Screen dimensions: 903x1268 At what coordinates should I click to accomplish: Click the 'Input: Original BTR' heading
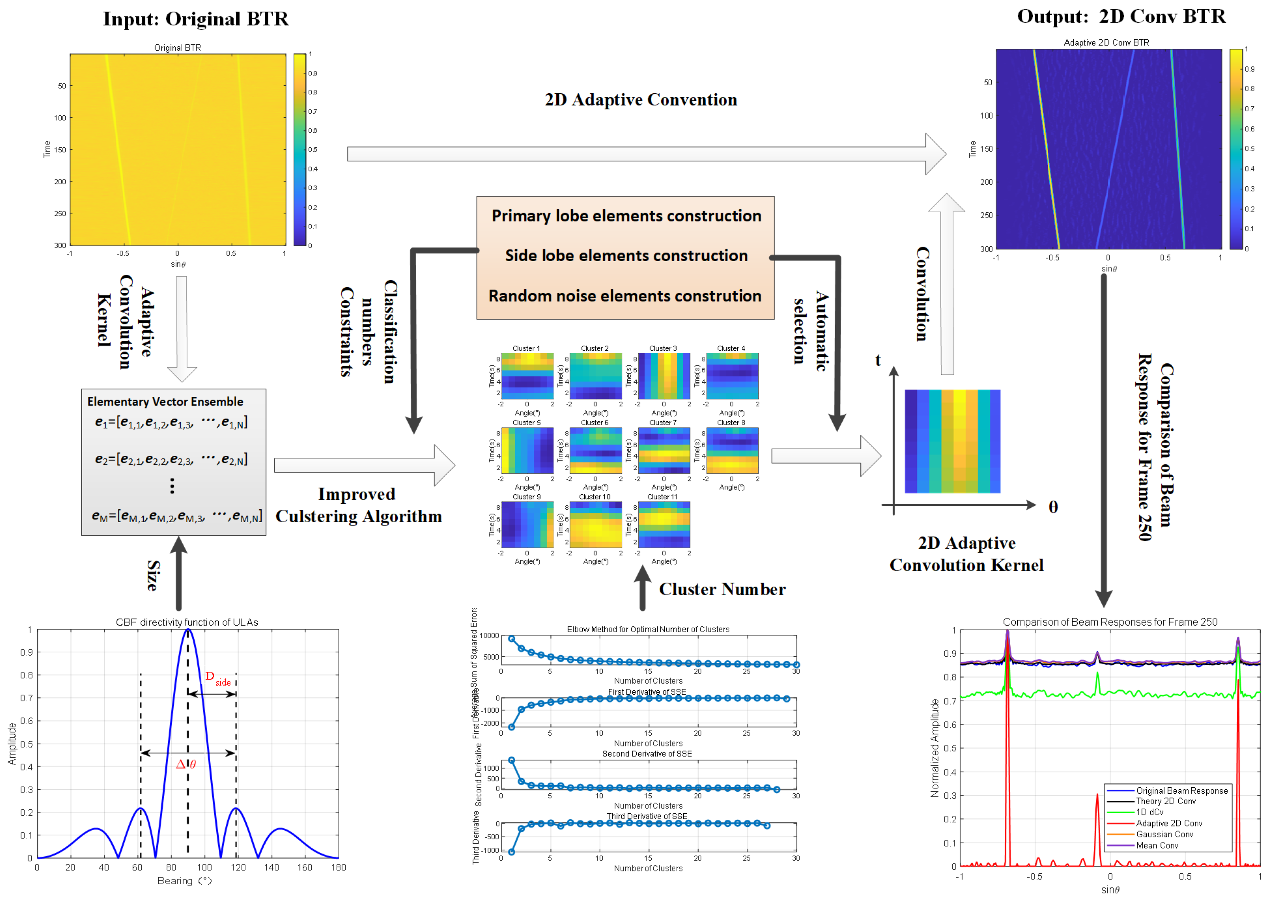[196, 19]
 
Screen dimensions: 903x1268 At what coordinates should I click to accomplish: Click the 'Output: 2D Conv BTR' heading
[1121, 17]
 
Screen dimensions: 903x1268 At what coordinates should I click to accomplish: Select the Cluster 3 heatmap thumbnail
[664, 376]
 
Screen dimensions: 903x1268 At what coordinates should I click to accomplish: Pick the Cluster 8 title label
[731, 422]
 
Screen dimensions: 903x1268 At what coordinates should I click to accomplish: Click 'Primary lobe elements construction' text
[626, 216]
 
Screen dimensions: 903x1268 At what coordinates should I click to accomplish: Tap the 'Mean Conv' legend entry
[1157, 845]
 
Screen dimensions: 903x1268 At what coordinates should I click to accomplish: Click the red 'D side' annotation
[217, 678]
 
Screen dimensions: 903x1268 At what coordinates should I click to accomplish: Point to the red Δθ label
[186, 764]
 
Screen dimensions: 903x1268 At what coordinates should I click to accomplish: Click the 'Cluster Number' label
[722, 589]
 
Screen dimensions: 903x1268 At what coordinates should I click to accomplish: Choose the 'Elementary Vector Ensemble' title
[165, 402]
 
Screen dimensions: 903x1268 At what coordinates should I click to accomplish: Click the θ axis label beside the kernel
[1053, 507]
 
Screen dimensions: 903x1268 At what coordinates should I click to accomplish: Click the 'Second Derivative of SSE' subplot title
[647, 754]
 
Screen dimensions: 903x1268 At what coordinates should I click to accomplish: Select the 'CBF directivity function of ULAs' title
[187, 622]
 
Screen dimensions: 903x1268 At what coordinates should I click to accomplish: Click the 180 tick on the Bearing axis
[338, 867]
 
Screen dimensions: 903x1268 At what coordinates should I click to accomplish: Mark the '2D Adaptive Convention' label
[641, 100]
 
